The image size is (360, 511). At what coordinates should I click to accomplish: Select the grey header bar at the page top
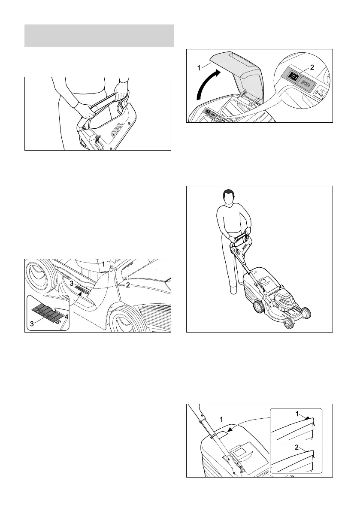coord(99,36)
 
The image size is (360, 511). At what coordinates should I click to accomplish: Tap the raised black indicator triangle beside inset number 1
coord(308,417)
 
